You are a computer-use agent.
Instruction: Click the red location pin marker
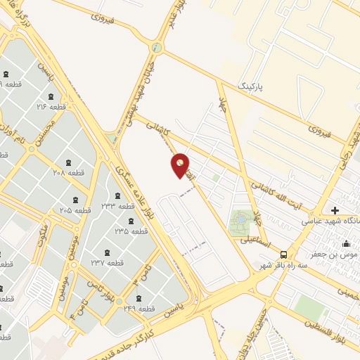[x=180, y=165]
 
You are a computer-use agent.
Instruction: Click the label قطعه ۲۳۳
[x=117, y=206]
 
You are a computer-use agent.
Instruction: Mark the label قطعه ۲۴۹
[x=139, y=308]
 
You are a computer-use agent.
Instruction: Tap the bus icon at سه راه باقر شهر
[x=283, y=254]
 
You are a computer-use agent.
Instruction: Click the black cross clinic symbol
[x=335, y=210]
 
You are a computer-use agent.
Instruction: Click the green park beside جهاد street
[x=241, y=223]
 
